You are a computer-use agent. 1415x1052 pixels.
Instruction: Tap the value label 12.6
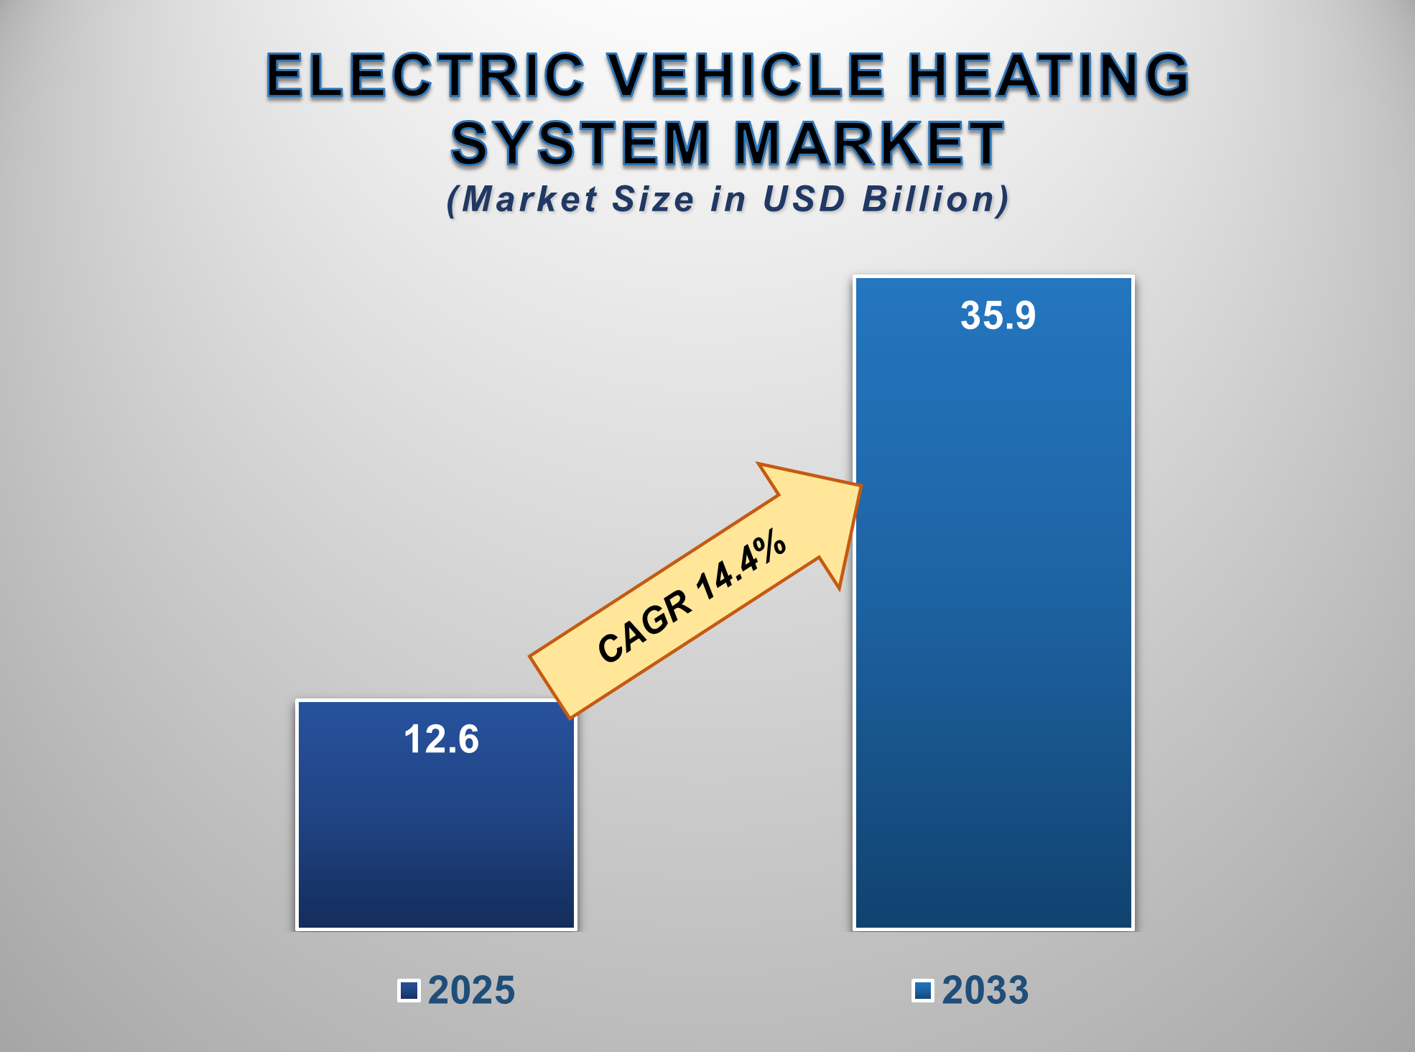pyautogui.click(x=441, y=739)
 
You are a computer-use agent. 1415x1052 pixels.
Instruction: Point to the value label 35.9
pyautogui.click(x=998, y=315)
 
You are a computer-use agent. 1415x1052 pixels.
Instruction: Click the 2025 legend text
pyautogui.click(x=471, y=990)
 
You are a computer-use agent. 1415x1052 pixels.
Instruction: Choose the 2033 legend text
pyautogui.click(x=985, y=990)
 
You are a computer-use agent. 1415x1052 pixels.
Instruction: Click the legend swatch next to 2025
pyautogui.click(x=409, y=990)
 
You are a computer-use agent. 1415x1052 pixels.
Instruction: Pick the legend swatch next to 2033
pyautogui.click(x=922, y=990)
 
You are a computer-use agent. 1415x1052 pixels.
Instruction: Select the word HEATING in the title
pyautogui.click(x=1049, y=75)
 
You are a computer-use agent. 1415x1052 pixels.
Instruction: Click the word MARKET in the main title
pyautogui.click(x=869, y=144)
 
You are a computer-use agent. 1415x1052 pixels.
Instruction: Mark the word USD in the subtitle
pyautogui.click(x=804, y=199)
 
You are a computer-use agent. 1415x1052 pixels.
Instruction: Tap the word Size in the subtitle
pyautogui.click(x=652, y=199)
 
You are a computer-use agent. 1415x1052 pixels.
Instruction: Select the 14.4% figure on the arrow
pyautogui.click(x=741, y=565)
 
